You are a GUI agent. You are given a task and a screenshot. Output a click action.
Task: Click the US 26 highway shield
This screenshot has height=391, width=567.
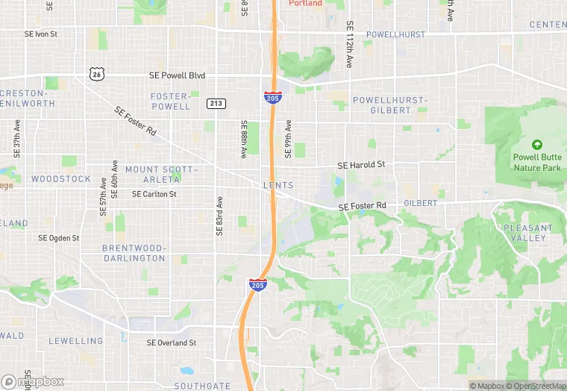point(94,73)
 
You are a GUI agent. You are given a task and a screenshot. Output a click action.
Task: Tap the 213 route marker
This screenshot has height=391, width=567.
point(216,104)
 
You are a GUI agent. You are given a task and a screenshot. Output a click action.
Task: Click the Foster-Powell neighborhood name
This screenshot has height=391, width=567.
point(170,101)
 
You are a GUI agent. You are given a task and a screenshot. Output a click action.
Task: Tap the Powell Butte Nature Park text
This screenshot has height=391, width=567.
point(536,163)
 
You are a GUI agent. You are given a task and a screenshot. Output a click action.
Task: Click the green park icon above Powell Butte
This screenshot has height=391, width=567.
point(536,145)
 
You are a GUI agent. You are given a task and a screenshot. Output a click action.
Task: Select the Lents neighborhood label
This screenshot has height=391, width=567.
point(278,185)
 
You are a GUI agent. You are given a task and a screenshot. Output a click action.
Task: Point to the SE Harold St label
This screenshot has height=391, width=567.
point(361,165)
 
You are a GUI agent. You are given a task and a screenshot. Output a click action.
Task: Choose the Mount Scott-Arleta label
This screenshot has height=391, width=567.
point(152,175)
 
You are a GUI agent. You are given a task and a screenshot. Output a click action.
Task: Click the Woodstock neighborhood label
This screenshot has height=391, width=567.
point(60,179)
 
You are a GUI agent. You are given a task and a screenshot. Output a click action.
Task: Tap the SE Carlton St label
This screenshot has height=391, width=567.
point(154,194)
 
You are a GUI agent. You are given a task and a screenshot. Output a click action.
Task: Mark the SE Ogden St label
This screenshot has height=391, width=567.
point(59,238)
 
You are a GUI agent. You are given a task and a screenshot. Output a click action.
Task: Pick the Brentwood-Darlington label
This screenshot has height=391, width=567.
point(134,253)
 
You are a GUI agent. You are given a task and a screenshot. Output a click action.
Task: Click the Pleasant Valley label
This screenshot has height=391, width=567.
point(527,233)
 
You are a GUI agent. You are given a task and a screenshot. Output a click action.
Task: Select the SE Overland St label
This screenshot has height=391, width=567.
point(171,343)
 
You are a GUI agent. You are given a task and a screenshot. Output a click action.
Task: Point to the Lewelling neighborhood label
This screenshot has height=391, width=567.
point(76,341)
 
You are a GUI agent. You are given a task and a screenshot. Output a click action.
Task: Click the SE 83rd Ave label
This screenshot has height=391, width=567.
point(219,216)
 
